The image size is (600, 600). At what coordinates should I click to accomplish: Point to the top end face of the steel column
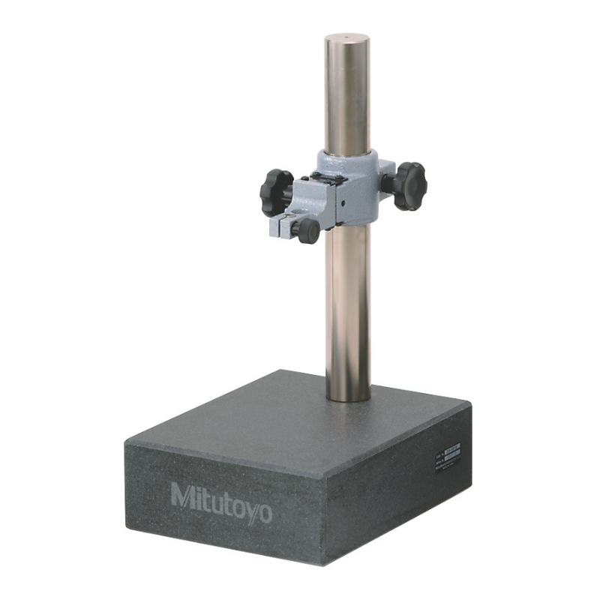click(348, 37)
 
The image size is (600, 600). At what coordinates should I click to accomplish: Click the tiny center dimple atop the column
click(348, 35)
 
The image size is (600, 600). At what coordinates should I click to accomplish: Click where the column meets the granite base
click(349, 395)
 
